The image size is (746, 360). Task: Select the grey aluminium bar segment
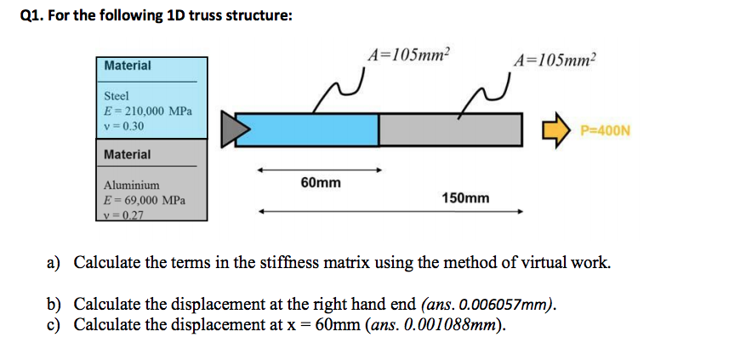click(449, 129)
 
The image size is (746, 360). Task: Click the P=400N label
click(604, 131)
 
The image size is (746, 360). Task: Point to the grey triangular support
click(236, 129)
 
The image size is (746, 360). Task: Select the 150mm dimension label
click(465, 197)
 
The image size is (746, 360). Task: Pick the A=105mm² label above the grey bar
click(555, 60)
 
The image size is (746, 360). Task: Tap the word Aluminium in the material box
click(131, 185)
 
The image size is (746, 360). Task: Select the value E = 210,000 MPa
click(147, 111)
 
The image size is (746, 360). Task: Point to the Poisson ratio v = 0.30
click(124, 126)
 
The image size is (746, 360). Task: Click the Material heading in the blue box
click(127, 66)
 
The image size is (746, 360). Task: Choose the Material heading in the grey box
click(127, 155)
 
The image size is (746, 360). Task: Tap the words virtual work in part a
click(567, 262)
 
